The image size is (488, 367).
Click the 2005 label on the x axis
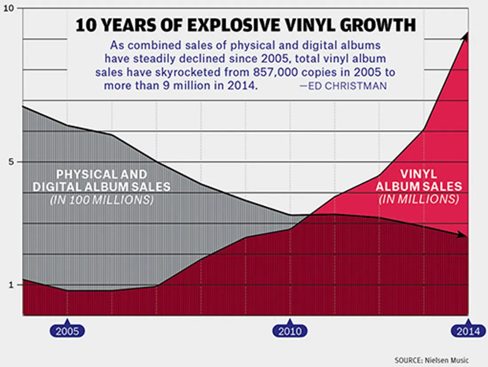coord(67,331)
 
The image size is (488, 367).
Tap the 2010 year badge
coord(290,331)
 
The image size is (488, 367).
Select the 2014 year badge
coord(468,331)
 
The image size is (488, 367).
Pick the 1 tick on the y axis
coord(12,284)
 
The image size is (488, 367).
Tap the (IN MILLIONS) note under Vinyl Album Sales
coord(419,199)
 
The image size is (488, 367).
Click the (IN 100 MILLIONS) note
coord(102,200)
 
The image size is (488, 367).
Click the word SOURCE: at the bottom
coord(407,360)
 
